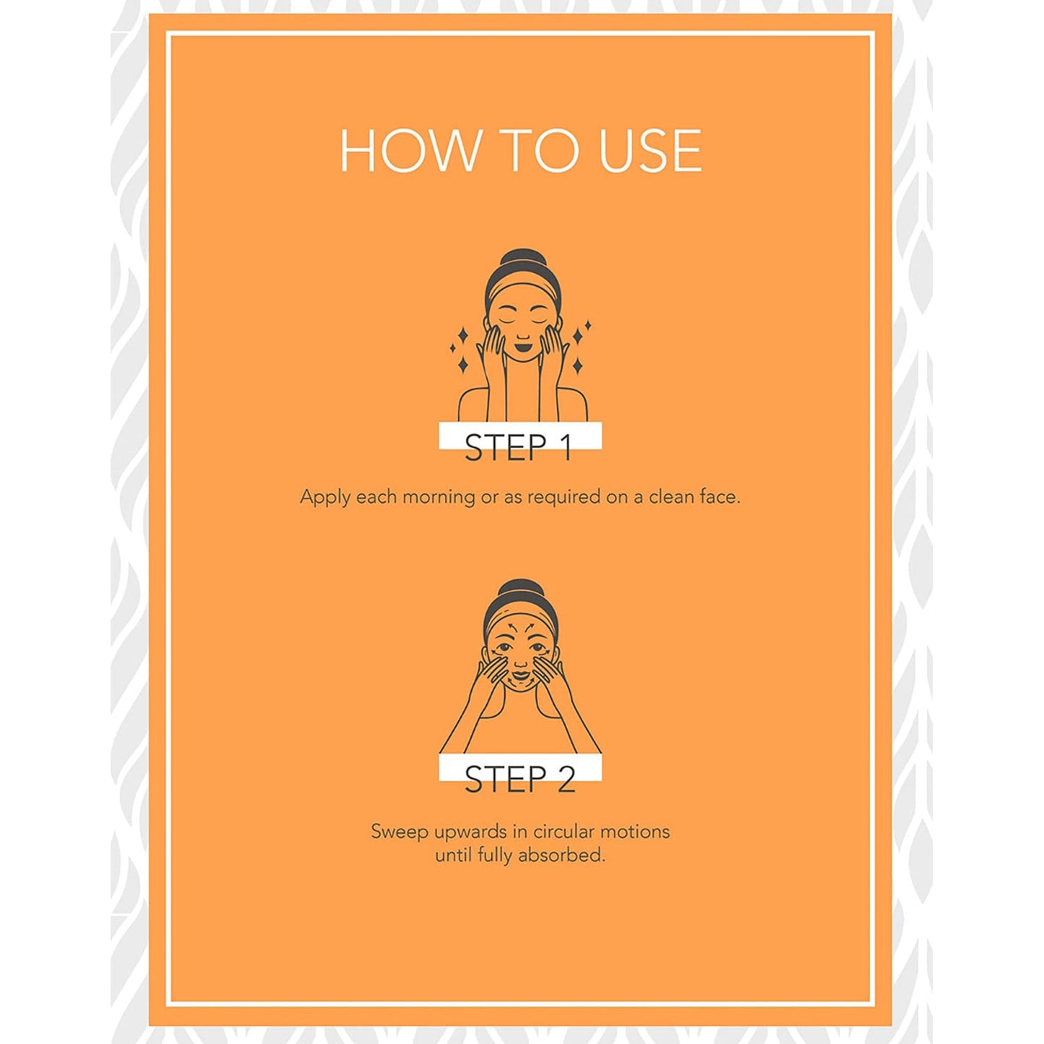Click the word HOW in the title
409,150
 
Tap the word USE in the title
650,150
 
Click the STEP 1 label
519,448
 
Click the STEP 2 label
520,780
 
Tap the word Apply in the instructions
325,497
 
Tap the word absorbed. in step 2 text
561,855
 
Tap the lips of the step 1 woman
522,348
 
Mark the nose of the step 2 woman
521,662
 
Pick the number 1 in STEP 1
566,448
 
